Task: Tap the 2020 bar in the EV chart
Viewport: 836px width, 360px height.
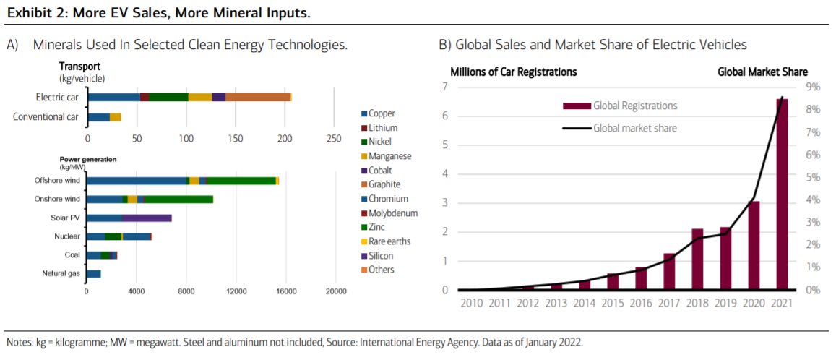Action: click(754, 245)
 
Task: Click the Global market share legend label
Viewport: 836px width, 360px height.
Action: click(635, 128)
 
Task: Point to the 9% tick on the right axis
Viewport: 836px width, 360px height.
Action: click(814, 87)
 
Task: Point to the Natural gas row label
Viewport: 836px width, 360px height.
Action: click(61, 273)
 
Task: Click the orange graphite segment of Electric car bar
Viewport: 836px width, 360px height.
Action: click(258, 97)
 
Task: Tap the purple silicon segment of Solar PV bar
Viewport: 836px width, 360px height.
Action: click(147, 218)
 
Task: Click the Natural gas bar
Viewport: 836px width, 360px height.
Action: click(93, 273)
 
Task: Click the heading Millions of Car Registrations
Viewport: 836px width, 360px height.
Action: click(514, 72)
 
